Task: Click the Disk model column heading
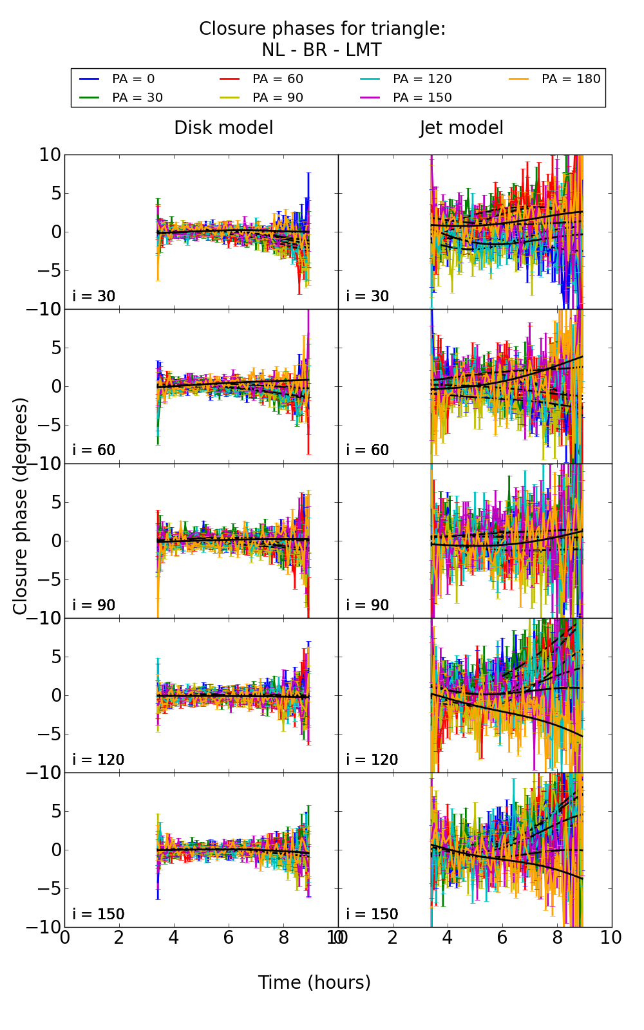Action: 223,128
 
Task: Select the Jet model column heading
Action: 461,128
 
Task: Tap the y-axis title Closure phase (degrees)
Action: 21,506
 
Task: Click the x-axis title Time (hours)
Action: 314,983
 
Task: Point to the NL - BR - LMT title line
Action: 321,50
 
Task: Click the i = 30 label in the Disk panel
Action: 94,297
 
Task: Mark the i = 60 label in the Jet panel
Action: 368,451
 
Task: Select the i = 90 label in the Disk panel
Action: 94,606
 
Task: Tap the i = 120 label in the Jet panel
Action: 372,760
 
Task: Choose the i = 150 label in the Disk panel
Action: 98,915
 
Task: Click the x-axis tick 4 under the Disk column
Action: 174,938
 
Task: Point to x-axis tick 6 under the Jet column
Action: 502,938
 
